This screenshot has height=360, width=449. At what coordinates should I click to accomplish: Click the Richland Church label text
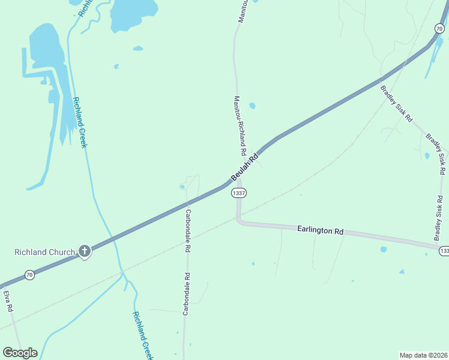tap(44, 252)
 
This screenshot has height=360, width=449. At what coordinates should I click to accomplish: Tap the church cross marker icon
tap(85, 251)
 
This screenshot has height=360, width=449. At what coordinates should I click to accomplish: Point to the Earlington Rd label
tap(321, 230)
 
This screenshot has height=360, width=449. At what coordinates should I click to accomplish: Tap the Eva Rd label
tap(8, 301)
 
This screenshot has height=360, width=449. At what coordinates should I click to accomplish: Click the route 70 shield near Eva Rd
tap(29, 275)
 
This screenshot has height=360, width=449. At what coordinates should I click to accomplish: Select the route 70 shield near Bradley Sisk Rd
tap(439, 28)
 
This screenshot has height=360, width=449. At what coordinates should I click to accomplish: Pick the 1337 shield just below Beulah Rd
tap(238, 193)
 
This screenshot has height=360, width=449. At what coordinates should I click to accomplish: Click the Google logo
tap(20, 353)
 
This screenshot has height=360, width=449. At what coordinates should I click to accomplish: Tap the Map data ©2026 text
tap(423, 355)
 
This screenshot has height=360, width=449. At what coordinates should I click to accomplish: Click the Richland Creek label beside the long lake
tap(80, 122)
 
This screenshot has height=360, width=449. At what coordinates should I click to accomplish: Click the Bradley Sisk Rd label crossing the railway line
tap(396, 104)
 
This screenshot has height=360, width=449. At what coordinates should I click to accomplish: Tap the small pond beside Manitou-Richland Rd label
tap(252, 106)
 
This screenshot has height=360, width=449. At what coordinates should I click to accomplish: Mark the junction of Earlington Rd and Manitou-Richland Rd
tap(239, 221)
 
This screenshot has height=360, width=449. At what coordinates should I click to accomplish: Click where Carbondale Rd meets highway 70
tap(186, 204)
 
